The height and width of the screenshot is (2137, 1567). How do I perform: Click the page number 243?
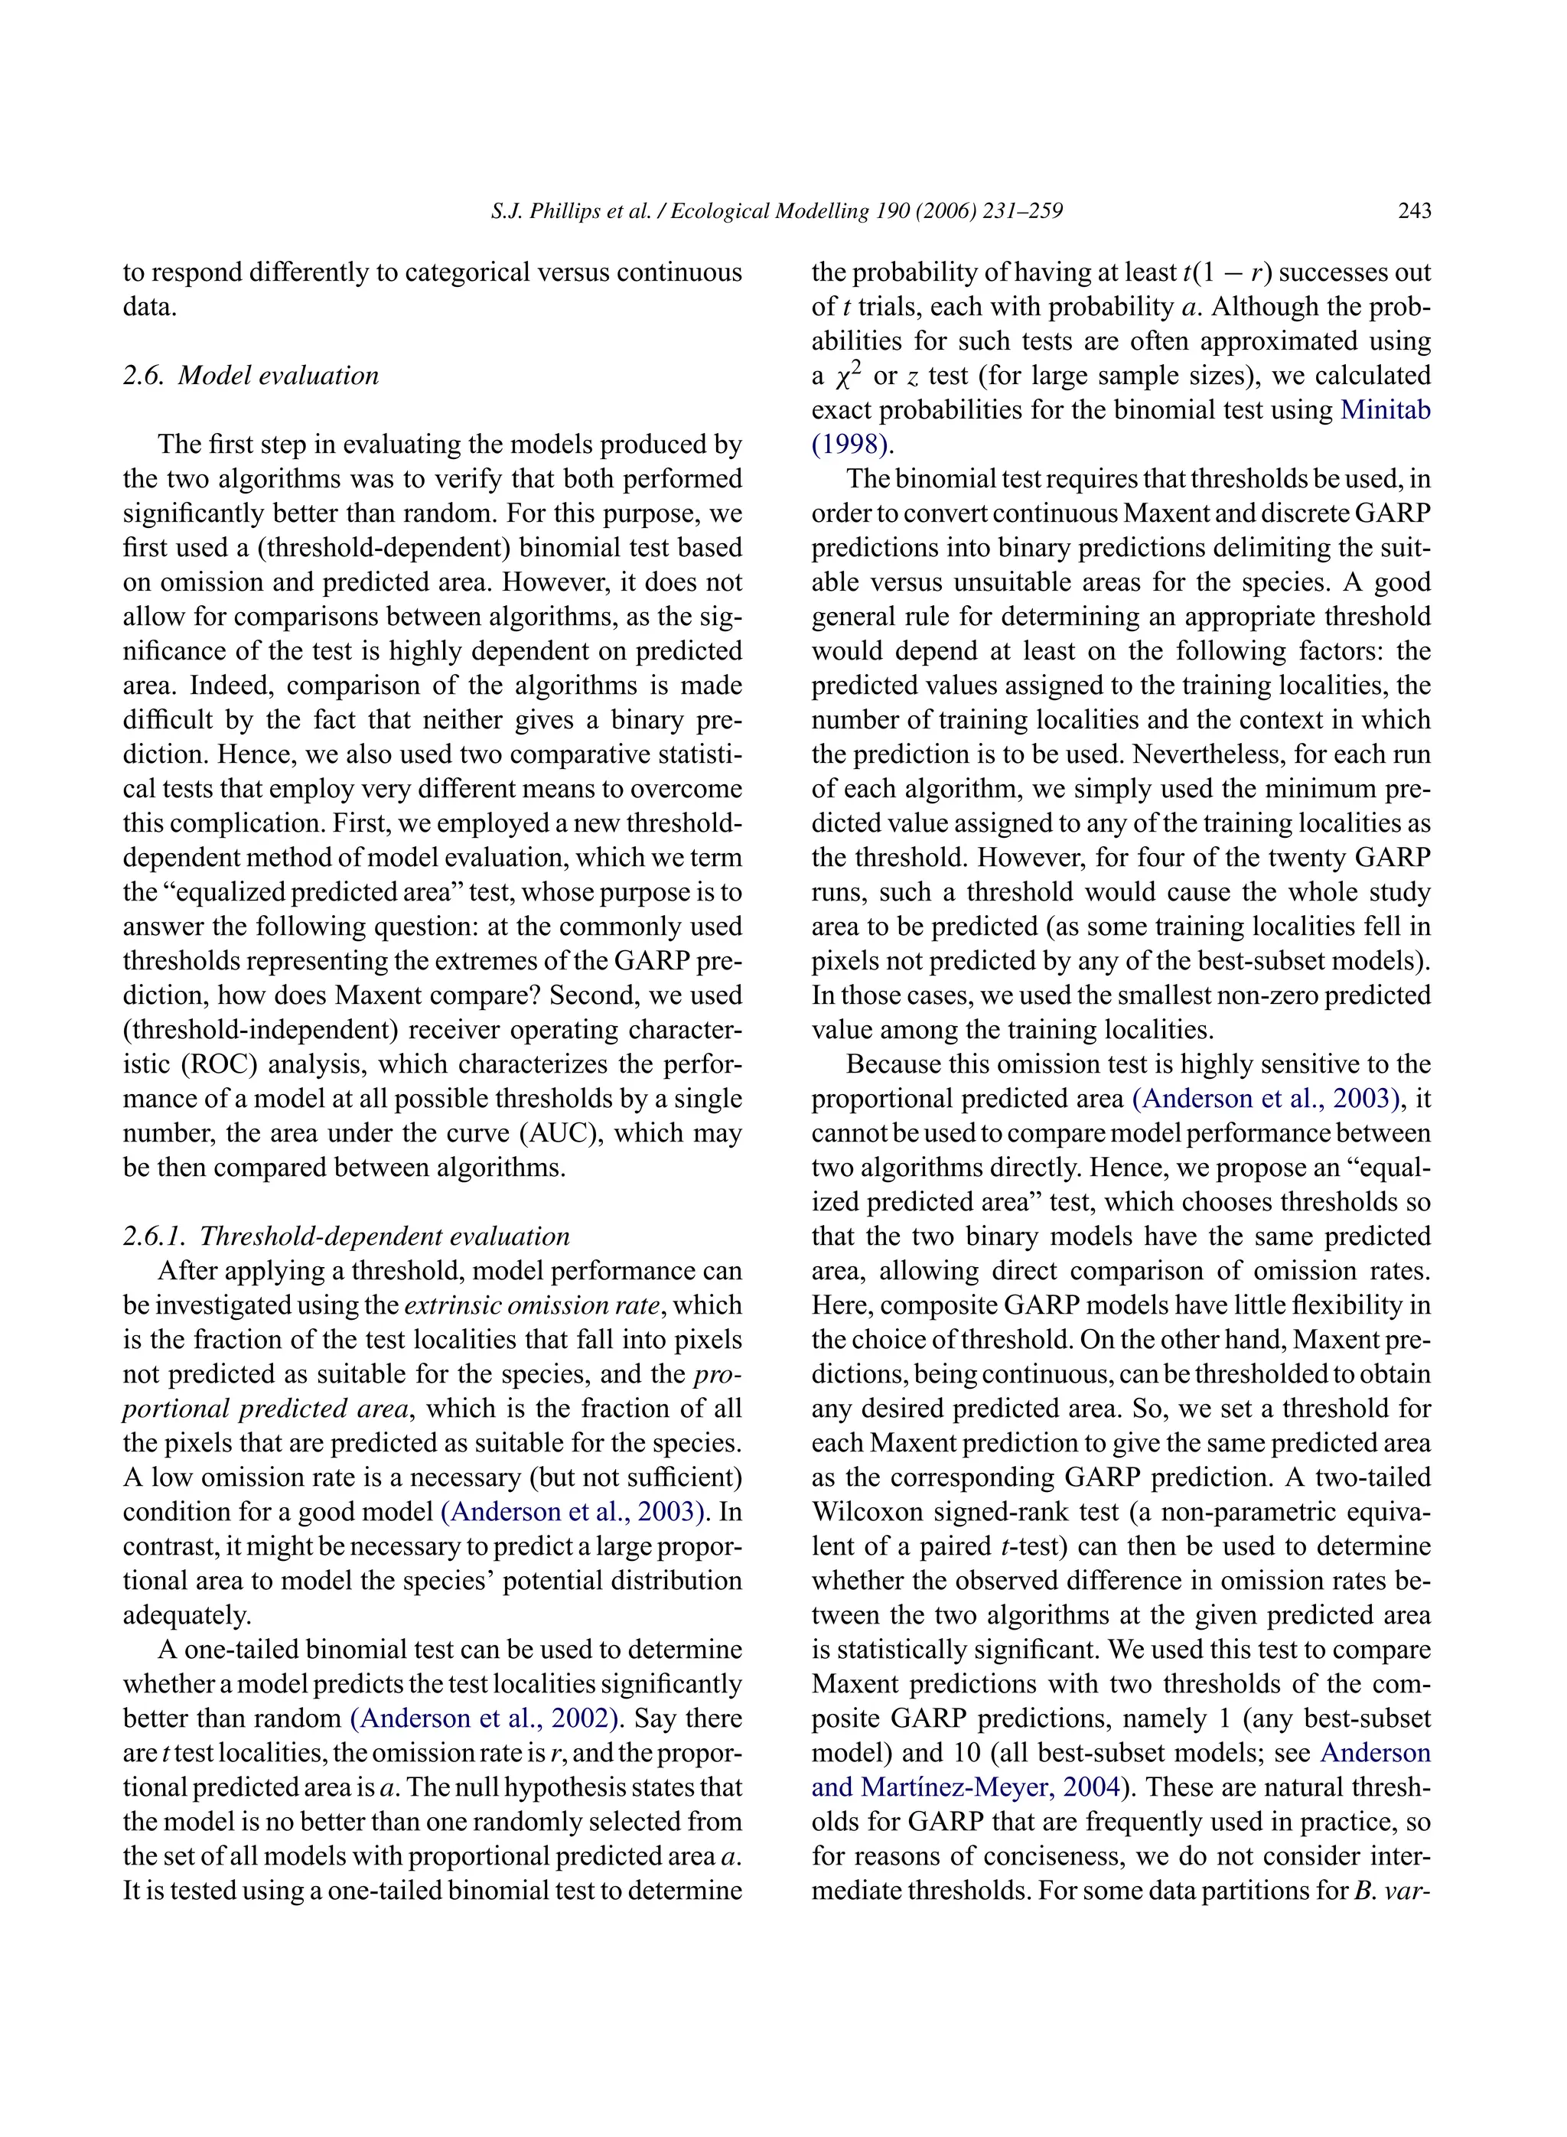click(x=1413, y=210)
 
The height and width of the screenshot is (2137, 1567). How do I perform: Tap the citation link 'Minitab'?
click(x=1385, y=410)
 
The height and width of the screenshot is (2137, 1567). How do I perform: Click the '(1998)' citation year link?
click(x=850, y=444)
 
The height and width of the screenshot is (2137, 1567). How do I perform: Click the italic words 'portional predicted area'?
click(x=265, y=1409)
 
